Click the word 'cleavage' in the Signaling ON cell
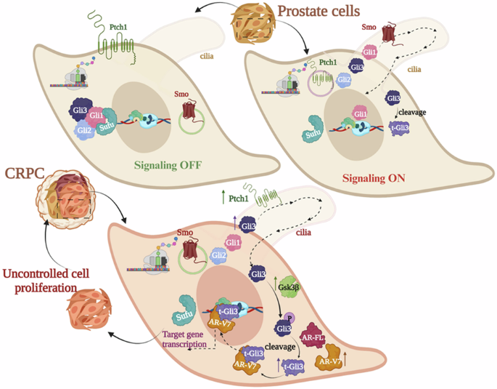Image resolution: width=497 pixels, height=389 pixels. [411, 113]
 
